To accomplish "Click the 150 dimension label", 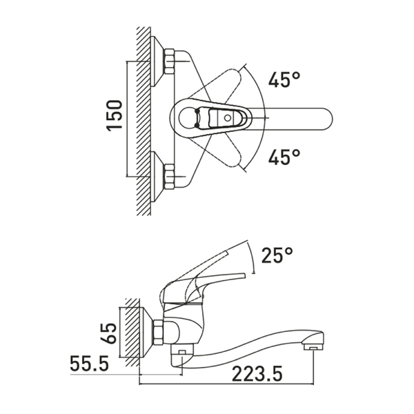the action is [115, 115].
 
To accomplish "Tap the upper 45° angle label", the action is [284, 79].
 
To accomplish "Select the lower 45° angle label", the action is [284, 157].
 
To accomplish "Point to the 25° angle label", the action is [277, 255].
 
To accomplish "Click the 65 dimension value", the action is [109, 333].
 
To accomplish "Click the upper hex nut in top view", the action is [169, 61].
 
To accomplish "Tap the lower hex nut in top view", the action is [169, 177].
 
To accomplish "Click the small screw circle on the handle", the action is [227, 118].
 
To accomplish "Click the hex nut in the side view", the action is [159, 332].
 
